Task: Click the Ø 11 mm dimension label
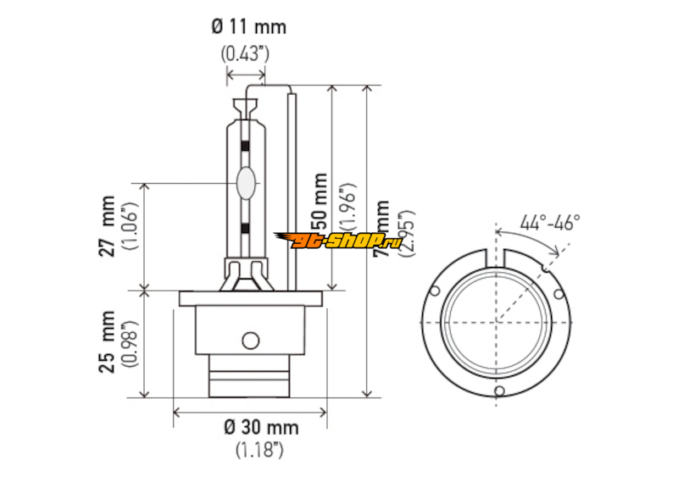pos(248,26)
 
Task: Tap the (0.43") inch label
pos(245,53)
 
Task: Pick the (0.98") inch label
pos(129,342)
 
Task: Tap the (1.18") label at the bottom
pos(259,450)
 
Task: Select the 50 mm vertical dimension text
pos(321,203)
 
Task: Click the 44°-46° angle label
pos(550,223)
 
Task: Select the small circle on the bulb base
pos(250,341)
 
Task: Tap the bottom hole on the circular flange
pos(499,391)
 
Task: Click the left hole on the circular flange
pos(435,291)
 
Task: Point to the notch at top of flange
pos(497,255)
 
